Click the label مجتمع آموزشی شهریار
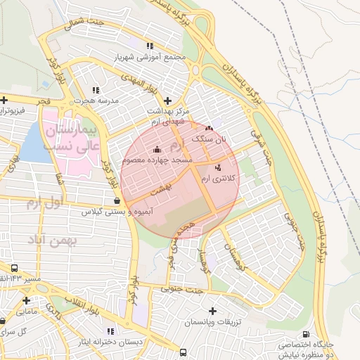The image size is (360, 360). coord(153,57)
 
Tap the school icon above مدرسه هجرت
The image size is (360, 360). coord(96,90)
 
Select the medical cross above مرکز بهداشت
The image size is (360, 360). coord(168,101)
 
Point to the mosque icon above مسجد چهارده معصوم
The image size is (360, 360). coord(156,149)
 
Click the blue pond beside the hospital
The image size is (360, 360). coord(32,146)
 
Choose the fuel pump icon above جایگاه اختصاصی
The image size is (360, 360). coord(304,334)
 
